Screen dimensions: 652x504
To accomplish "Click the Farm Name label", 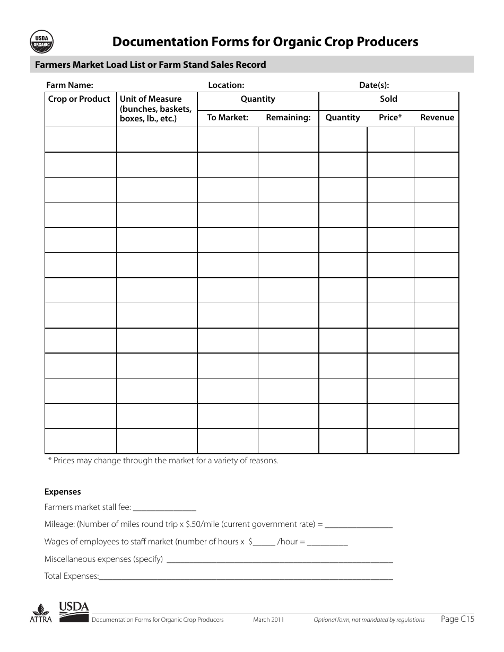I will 69,85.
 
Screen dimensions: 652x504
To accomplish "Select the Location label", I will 226,85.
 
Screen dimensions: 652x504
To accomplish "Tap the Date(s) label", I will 374,85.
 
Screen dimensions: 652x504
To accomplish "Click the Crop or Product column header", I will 79,99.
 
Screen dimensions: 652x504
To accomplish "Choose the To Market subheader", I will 228,118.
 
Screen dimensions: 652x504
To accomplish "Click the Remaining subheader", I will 288,118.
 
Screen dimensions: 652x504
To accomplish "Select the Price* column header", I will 390,118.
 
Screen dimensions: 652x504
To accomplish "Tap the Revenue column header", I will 437,118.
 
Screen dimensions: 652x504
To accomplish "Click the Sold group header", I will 388,99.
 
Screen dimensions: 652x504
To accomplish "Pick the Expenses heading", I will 63,492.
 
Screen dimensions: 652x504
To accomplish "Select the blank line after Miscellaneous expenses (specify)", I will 280,560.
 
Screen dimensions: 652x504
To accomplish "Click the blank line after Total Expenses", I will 246,577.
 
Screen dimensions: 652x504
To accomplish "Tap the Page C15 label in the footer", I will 458,619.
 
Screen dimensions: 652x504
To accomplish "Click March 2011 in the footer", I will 268,620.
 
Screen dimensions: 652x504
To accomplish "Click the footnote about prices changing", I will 163,461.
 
